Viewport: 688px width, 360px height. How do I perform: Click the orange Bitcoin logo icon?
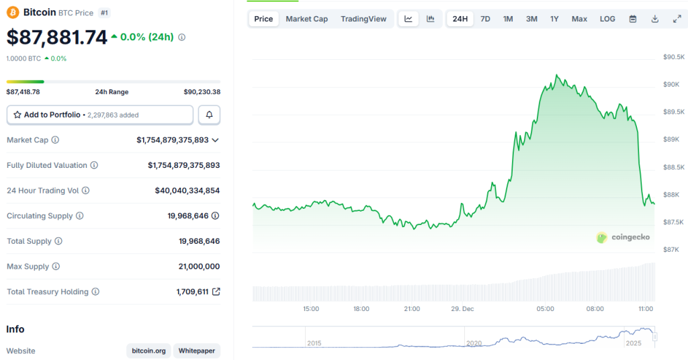click(x=13, y=12)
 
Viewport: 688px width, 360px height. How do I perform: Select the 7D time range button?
click(x=485, y=19)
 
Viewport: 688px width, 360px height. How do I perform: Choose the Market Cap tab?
click(x=306, y=19)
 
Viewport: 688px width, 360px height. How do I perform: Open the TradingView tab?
click(x=363, y=19)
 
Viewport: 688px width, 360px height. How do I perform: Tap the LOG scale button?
click(x=607, y=19)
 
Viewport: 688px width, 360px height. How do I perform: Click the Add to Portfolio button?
click(x=100, y=115)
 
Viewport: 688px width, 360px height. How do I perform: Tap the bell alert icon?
click(x=209, y=115)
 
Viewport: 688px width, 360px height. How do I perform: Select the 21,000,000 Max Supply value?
click(x=199, y=267)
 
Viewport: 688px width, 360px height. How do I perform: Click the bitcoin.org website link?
click(x=148, y=351)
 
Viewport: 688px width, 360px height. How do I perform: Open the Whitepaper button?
click(x=196, y=351)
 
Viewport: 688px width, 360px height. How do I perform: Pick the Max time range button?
click(x=579, y=19)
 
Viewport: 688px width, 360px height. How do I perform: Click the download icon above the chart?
click(x=654, y=19)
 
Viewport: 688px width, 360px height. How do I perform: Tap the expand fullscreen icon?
click(x=677, y=19)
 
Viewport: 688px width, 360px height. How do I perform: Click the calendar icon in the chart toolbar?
click(x=632, y=19)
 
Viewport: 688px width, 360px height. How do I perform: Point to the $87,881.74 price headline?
click(x=57, y=38)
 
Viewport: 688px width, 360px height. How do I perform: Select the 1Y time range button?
click(x=554, y=19)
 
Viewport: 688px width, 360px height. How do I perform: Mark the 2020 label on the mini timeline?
click(x=474, y=343)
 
